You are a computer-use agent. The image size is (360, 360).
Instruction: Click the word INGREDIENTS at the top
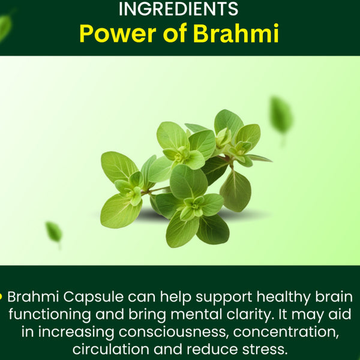[179, 10]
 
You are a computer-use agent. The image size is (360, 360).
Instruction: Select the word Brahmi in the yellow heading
[236, 34]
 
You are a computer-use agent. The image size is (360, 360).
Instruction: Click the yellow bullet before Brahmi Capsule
[2, 296]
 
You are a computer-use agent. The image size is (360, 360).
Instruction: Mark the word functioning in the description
[57, 314]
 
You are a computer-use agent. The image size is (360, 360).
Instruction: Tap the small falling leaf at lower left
[54, 231]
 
